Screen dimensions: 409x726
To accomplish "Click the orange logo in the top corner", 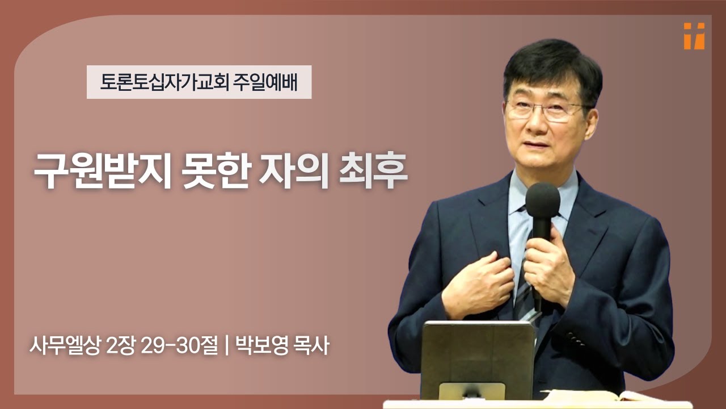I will [694, 36].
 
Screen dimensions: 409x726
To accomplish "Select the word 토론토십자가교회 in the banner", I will [164, 83].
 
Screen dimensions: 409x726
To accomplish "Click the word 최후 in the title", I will [377, 170].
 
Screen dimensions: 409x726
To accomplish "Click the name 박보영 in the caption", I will [261, 345].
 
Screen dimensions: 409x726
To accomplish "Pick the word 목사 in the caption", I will [311, 345].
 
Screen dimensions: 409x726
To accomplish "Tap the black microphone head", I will [542, 201].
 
